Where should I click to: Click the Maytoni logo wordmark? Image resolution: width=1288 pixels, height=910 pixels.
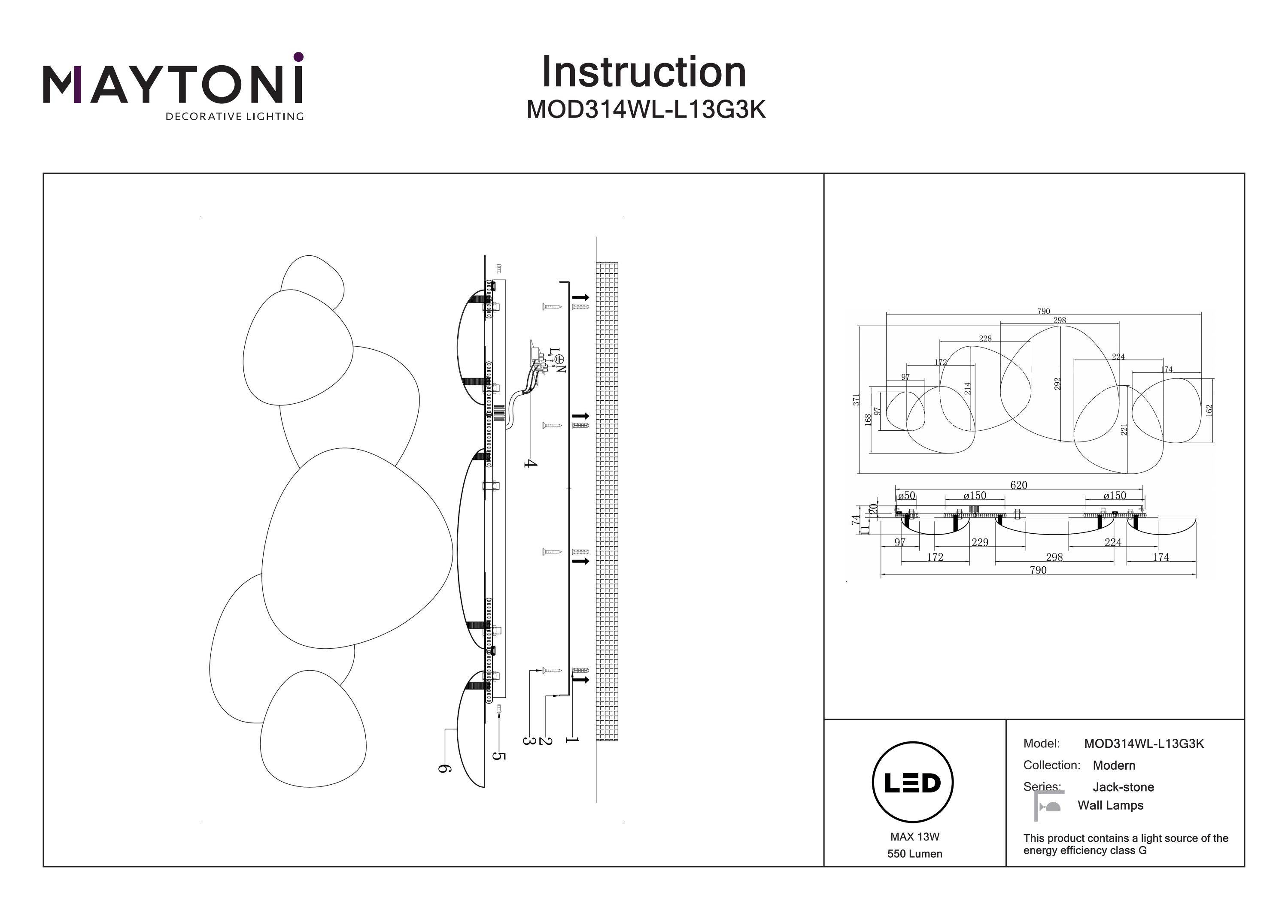(x=173, y=84)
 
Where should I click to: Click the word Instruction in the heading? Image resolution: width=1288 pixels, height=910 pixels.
(x=644, y=73)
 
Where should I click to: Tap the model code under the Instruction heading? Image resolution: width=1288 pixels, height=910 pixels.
(x=646, y=110)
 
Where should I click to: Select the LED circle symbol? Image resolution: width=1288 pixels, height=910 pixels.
(x=913, y=782)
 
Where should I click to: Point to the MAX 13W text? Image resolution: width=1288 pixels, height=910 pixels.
(x=914, y=837)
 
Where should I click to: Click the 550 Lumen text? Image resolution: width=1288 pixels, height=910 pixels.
(x=914, y=854)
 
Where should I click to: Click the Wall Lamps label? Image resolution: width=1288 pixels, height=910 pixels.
(x=1110, y=805)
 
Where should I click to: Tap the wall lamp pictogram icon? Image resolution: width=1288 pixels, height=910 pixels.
(x=1048, y=806)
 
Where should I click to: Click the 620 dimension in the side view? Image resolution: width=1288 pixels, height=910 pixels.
(x=1018, y=485)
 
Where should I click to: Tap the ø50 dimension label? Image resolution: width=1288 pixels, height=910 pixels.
(x=906, y=496)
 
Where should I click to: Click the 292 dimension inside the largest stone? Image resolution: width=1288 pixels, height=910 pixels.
(x=1057, y=384)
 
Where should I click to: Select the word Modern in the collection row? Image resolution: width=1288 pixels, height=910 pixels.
(x=1114, y=765)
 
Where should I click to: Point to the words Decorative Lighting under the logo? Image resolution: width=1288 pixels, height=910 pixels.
(x=234, y=117)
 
